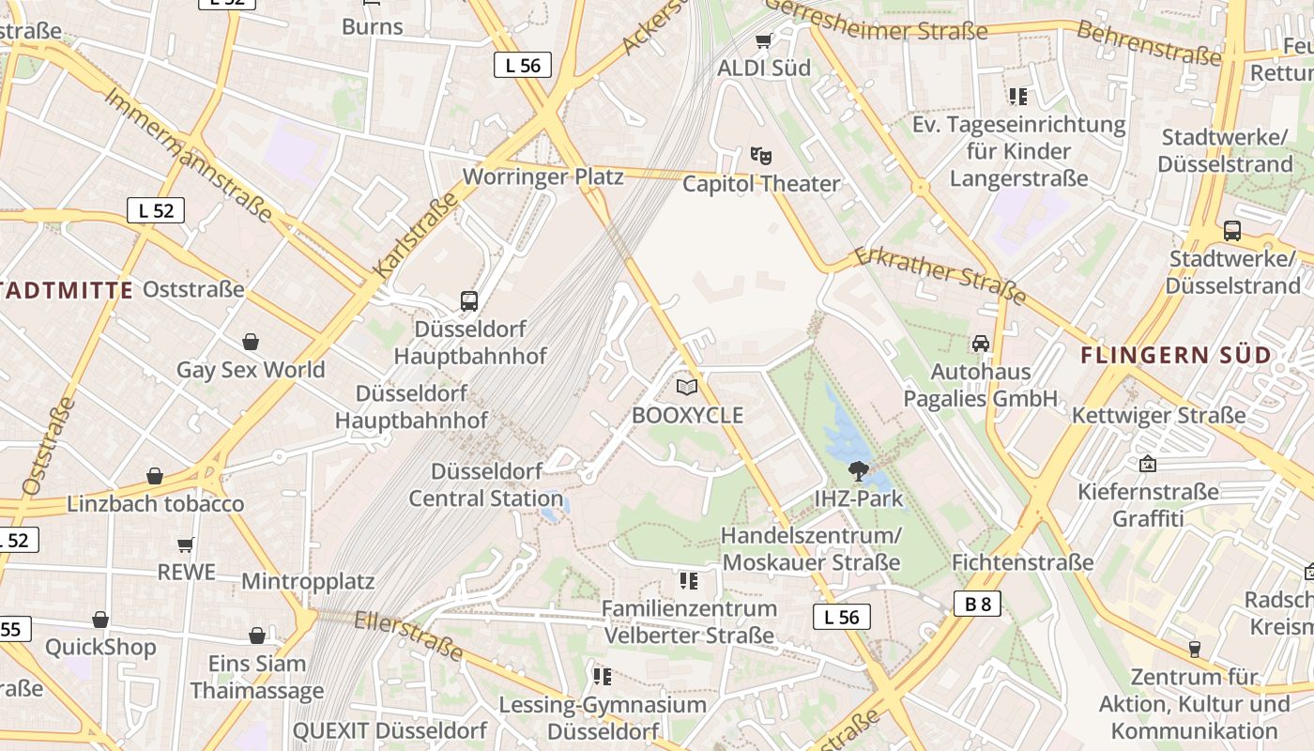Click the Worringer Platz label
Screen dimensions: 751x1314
pos(542,176)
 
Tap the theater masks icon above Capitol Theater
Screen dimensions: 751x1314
pos(760,155)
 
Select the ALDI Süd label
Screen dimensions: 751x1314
pos(763,68)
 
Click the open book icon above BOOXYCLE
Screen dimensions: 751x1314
pos(687,387)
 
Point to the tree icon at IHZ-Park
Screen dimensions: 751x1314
pos(858,470)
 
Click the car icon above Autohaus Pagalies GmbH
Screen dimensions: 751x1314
pos(981,344)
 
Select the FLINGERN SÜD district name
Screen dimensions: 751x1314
pos(1176,356)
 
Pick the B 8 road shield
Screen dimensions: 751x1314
pos(978,604)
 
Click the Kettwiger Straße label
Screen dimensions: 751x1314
pos(1158,415)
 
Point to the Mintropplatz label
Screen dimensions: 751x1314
pos(308,581)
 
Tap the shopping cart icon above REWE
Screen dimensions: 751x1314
pos(186,544)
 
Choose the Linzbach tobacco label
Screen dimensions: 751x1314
pos(155,504)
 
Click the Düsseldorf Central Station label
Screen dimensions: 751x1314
pos(485,484)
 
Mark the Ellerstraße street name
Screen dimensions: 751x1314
pos(409,635)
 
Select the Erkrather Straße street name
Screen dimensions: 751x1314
pos(940,275)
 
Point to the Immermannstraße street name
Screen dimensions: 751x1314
pos(188,154)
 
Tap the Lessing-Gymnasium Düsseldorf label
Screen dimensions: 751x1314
pos(603,717)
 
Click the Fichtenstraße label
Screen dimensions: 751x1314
pos(1022,562)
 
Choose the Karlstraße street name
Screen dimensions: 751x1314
pos(416,235)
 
